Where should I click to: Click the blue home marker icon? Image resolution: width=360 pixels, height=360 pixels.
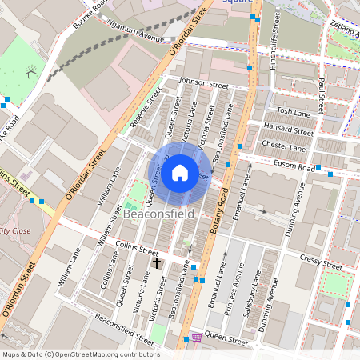point(180,173)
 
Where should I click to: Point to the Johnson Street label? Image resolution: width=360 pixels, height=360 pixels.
point(203,82)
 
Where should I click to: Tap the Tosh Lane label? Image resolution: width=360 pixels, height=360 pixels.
point(293,111)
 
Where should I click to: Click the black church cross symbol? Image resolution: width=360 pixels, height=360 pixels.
point(157,262)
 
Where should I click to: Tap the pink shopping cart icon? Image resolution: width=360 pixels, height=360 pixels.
point(197,338)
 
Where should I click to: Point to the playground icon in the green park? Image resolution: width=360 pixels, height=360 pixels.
point(32,72)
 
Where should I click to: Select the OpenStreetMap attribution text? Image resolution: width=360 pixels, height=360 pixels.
point(81,354)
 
